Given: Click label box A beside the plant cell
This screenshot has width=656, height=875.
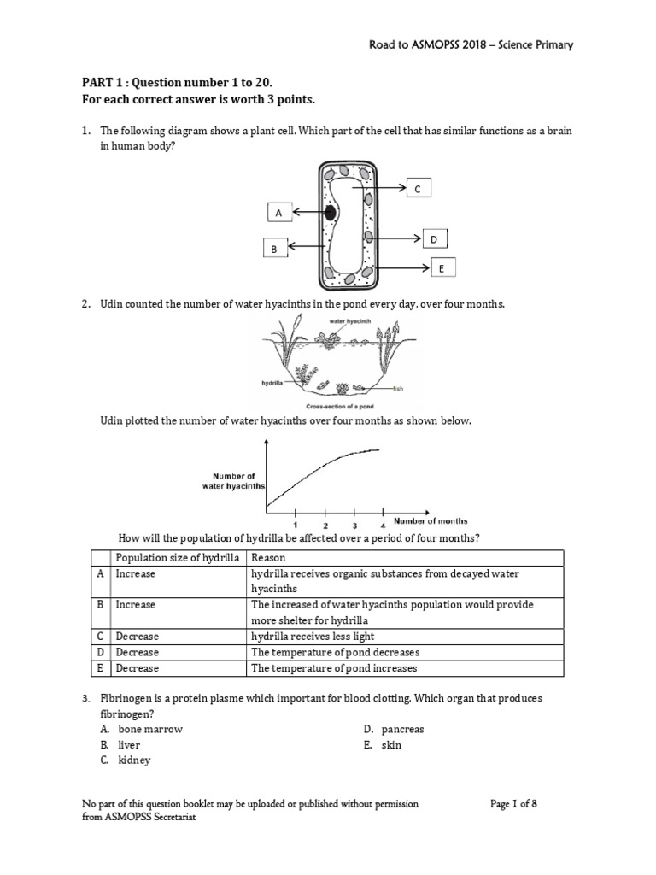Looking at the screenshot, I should coord(278,211).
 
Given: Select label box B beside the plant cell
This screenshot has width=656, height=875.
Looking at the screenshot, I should coord(274,249).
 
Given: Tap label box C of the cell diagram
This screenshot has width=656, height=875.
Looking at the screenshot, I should coord(418,189).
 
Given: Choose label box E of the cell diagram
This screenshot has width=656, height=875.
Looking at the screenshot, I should coord(442,268).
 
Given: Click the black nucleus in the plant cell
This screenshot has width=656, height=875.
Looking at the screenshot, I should coord(329,212).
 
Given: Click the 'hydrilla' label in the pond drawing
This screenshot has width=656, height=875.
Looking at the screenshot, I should coord(272,383).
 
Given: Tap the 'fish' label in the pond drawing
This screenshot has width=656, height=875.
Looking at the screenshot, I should coord(398,389).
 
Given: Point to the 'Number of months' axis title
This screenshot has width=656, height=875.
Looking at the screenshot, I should coord(430,520).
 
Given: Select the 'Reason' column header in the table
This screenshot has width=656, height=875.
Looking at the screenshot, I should coord(268,558).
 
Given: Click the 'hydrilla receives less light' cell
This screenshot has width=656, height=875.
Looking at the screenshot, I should coord(313,637).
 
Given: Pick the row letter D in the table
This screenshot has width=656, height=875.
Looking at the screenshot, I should coord(101,652).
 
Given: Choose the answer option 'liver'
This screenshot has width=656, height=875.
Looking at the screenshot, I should coord(129,745).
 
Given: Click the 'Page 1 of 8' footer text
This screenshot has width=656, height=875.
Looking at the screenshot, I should coord(513,804).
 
